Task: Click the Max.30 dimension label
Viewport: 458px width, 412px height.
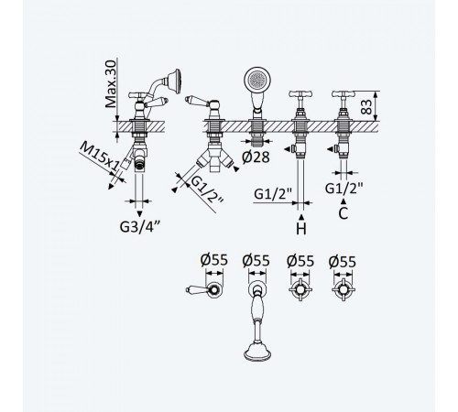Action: coord(111,84)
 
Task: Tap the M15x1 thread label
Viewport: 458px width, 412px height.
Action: coord(99,157)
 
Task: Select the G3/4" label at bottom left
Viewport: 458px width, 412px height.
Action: coord(140,226)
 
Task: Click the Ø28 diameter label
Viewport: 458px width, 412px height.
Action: coord(256,157)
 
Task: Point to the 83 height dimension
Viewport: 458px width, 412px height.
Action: coord(366,107)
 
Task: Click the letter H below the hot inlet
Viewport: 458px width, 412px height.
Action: coord(301,229)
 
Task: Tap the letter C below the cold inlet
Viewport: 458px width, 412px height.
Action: coord(343,213)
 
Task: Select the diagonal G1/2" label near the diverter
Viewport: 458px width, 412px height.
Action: coord(207,190)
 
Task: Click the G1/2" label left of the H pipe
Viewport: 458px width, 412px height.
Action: coord(273,193)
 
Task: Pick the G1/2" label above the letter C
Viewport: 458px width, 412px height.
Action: coord(343,189)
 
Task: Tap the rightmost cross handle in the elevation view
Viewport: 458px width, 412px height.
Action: coord(343,94)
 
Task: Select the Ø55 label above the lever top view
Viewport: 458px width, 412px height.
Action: coord(214,260)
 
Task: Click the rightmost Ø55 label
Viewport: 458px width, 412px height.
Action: coord(343,262)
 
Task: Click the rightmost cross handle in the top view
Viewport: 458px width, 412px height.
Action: coord(343,289)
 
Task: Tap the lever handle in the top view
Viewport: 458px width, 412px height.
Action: coord(203,289)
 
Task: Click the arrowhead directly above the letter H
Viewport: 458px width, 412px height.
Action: coord(301,217)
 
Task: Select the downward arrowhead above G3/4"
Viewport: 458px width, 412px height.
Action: coord(139,213)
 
